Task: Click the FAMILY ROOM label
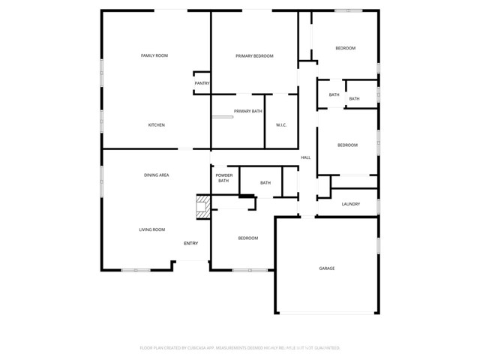click(154, 55)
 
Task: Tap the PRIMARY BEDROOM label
click(254, 55)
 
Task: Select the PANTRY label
click(202, 83)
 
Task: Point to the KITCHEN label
click(156, 124)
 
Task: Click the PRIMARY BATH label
click(247, 111)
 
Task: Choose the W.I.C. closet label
click(282, 124)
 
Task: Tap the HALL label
click(306, 157)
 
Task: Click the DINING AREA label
click(156, 175)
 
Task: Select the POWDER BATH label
click(224, 178)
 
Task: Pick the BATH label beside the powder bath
click(265, 182)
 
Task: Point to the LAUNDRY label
click(351, 204)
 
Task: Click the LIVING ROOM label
click(151, 229)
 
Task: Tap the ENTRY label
click(191, 243)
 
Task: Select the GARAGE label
click(327, 268)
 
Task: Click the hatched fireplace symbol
click(202, 207)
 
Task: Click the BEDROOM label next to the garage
click(248, 238)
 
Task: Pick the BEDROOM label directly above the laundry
click(347, 145)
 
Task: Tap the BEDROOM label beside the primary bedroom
click(345, 48)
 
